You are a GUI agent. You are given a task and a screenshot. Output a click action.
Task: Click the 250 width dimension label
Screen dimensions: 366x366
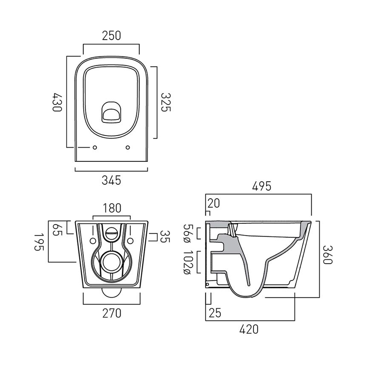tap(111, 36)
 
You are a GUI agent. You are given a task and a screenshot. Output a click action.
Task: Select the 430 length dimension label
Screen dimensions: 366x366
tap(57, 102)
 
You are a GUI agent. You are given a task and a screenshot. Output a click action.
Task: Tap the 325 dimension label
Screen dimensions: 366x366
tap(166, 102)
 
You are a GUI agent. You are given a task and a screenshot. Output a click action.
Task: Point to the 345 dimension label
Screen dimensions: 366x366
tap(111, 180)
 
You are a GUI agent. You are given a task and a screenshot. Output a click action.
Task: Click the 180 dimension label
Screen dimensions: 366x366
tap(112, 208)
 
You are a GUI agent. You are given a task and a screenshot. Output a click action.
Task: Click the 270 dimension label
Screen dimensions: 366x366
tap(111, 313)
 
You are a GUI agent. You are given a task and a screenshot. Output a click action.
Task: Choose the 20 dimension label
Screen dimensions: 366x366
tap(214, 203)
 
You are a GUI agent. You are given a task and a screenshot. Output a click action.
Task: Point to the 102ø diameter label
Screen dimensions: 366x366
tap(187, 262)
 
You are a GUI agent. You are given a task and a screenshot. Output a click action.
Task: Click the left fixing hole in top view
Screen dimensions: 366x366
tap(95, 147)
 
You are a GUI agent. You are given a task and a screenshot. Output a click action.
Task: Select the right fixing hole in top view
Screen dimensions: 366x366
tap(128, 147)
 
